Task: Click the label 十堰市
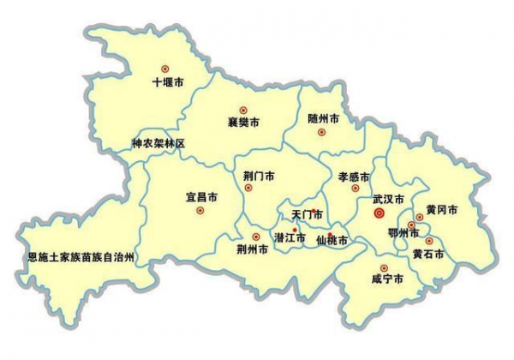[x=167, y=82]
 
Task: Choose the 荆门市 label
[x=259, y=177]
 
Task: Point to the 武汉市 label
[x=388, y=199]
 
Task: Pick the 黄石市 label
[x=428, y=255]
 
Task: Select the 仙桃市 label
[x=332, y=242]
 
